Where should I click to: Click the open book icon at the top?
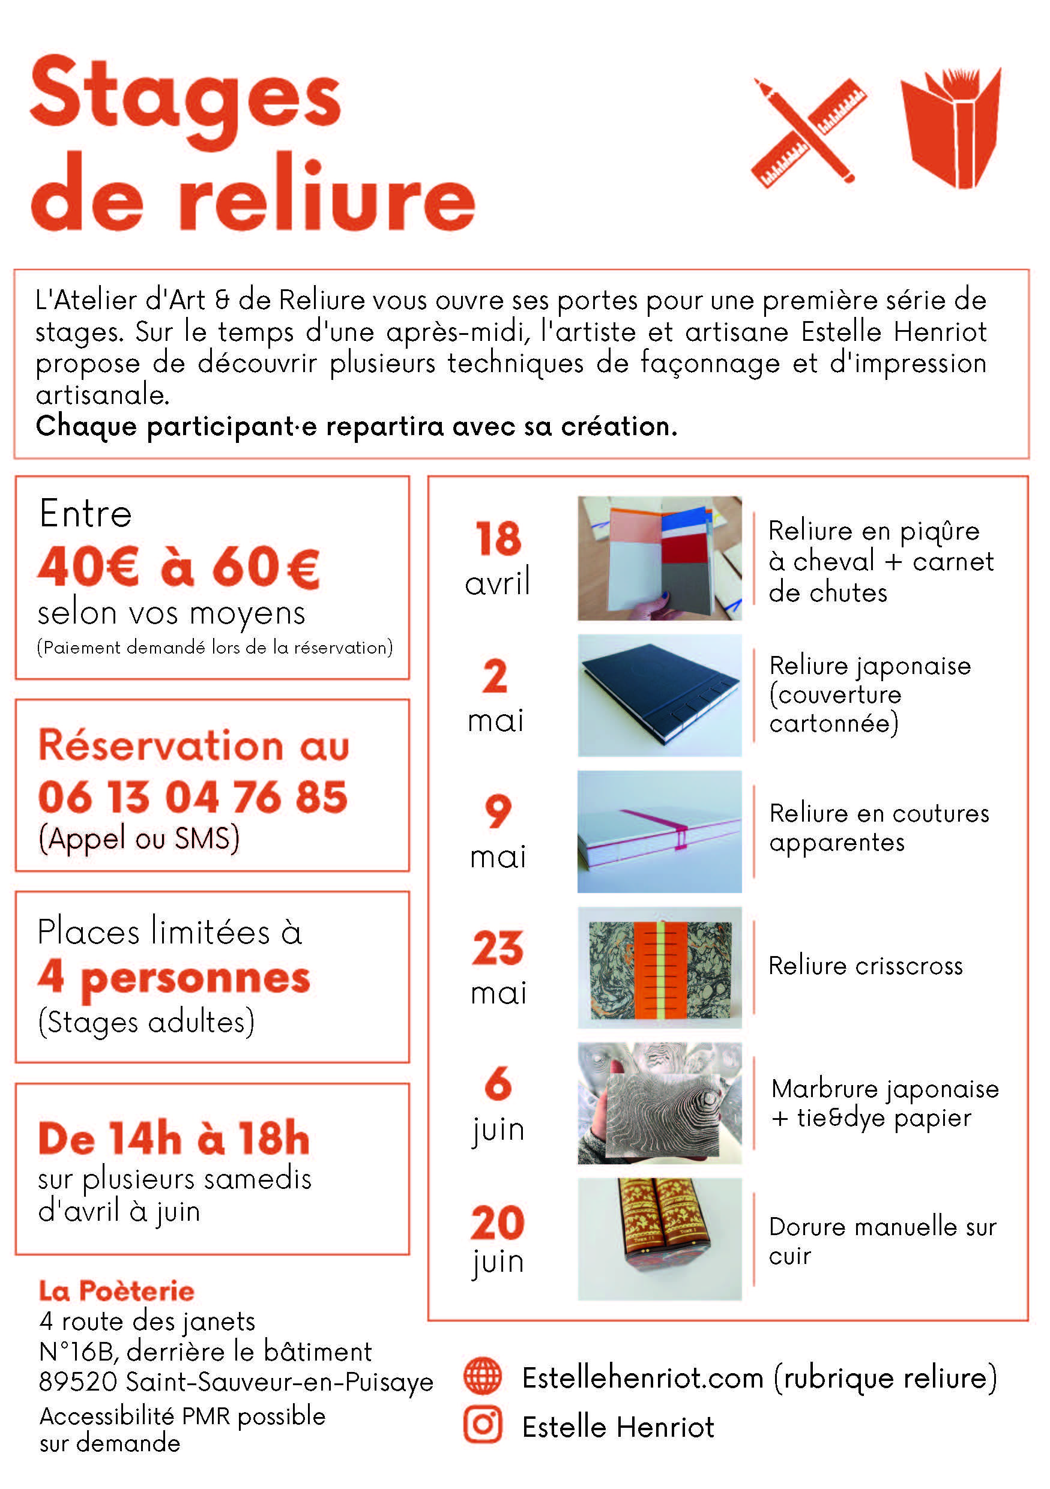click(x=951, y=127)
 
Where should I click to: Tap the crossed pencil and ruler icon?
click(x=809, y=132)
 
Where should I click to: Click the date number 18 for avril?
click(x=498, y=538)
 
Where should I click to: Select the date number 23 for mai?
click(x=498, y=948)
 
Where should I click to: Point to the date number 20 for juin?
click(x=498, y=1223)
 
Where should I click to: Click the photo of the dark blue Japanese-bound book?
click(x=660, y=695)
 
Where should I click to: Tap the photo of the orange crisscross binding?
click(x=660, y=967)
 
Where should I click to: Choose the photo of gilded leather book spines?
click(x=660, y=1239)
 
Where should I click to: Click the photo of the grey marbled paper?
click(x=660, y=1103)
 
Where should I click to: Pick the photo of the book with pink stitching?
click(x=660, y=831)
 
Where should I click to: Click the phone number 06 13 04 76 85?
click(x=193, y=796)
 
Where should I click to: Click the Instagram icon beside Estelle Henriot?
click(x=483, y=1425)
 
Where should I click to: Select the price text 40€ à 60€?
click(x=179, y=567)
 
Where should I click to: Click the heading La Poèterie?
click(x=116, y=1291)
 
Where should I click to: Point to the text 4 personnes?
click(x=174, y=978)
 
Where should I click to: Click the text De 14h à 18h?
click(x=174, y=1138)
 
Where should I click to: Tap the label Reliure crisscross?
click(x=865, y=966)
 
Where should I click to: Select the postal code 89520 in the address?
click(x=78, y=1382)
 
